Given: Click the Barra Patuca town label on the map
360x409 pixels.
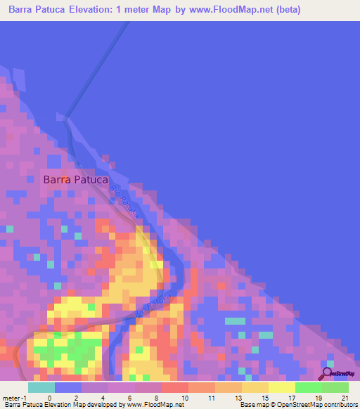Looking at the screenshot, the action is pyautogui.click(x=75, y=179).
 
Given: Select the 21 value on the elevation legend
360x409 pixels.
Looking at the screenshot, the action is pyautogui.click(x=345, y=397).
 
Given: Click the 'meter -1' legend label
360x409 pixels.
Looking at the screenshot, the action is pyautogui.click(x=15, y=397).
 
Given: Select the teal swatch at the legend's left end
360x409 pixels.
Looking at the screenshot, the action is pyautogui.click(x=41, y=387).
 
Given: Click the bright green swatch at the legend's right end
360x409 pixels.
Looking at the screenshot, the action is pyautogui.click(x=335, y=387).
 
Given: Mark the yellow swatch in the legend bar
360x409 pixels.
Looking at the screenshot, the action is pyautogui.click(x=282, y=387).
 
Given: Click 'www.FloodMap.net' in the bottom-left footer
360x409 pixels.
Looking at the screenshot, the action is pyautogui.click(x=152, y=405).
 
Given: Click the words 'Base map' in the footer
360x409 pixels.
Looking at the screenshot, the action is pyautogui.click(x=252, y=405).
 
